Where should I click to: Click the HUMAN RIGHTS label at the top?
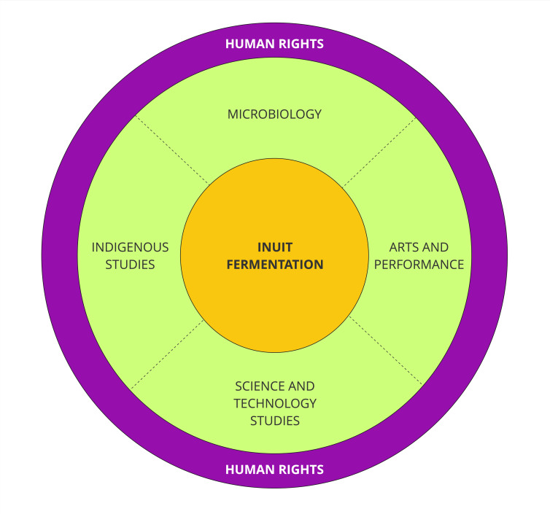tap(274, 44)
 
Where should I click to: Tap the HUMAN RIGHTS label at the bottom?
tap(274, 469)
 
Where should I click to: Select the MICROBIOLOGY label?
tap(274, 114)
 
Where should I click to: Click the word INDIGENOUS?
tap(130, 248)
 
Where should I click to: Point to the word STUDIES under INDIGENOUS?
tap(130, 265)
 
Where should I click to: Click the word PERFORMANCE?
tap(419, 265)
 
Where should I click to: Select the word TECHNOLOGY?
tap(274, 403)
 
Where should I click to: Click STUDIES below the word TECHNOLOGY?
tap(274, 421)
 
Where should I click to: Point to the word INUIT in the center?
tap(274, 248)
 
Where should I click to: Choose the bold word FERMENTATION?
tap(274, 265)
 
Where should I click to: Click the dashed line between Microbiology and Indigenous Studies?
tap(171, 149)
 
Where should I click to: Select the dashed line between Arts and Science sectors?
tap(384, 350)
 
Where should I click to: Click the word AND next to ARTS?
tap(436, 248)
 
